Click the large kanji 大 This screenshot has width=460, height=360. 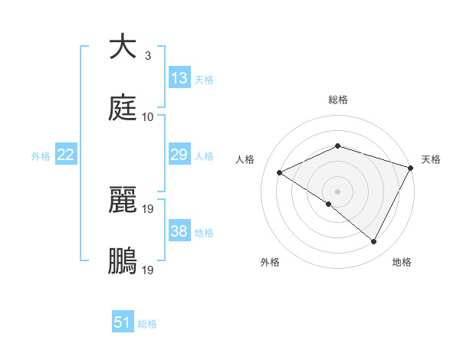click(x=123, y=47)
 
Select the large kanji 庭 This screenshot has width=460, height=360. click(x=123, y=109)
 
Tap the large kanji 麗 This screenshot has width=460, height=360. click(x=123, y=201)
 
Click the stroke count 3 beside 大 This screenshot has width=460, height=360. click(x=147, y=56)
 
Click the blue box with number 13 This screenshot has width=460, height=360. click(x=179, y=78)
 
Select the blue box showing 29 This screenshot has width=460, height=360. click(x=179, y=155)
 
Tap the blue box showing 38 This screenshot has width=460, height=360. click(x=179, y=232)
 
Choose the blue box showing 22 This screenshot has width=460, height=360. click(x=66, y=155)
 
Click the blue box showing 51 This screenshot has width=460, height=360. click(x=123, y=323)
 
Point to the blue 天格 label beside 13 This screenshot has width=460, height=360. click(x=204, y=80)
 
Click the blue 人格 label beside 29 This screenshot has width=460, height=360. click(x=204, y=156)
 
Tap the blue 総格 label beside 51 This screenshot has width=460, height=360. click(x=147, y=324)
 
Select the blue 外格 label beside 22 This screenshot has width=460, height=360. click(x=41, y=156)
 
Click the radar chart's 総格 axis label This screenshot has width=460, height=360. click(x=337, y=100)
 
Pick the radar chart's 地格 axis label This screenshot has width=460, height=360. click(x=402, y=263)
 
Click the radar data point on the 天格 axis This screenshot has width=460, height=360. click(x=412, y=167)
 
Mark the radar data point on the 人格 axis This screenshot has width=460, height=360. click(x=280, y=172)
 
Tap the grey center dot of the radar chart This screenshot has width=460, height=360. click(x=337, y=191)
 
